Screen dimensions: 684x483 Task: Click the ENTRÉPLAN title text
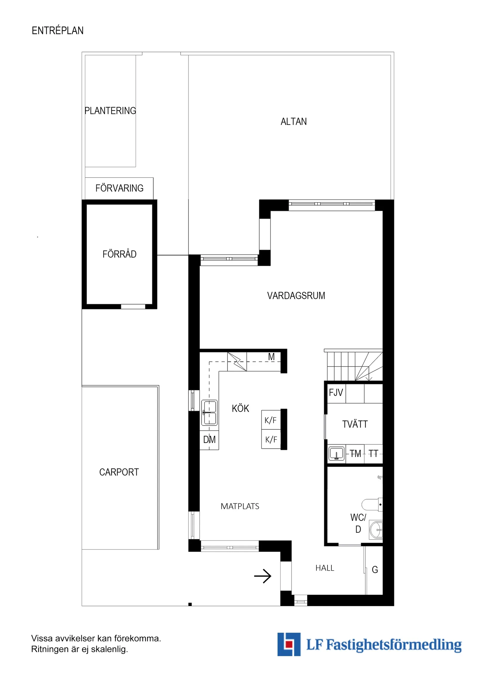click(57, 31)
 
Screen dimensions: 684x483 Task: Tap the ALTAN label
click(293, 122)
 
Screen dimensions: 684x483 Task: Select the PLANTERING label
click(110, 111)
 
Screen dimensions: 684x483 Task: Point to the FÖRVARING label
click(119, 188)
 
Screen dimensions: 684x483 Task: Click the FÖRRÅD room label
click(119, 254)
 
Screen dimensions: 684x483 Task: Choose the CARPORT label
click(119, 472)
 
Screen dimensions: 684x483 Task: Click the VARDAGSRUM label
click(296, 296)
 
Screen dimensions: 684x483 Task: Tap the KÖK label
click(240, 409)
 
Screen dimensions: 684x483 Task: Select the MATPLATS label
click(240, 506)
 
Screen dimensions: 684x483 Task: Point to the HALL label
click(325, 568)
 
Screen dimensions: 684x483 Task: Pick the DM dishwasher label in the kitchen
click(209, 440)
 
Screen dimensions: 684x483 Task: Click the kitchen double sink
click(210, 413)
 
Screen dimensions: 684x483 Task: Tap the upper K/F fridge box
click(271, 420)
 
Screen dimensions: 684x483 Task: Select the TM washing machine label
click(355, 454)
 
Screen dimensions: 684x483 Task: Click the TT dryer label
click(373, 454)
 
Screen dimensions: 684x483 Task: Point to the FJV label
click(336, 393)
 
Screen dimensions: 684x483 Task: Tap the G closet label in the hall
click(375, 570)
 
